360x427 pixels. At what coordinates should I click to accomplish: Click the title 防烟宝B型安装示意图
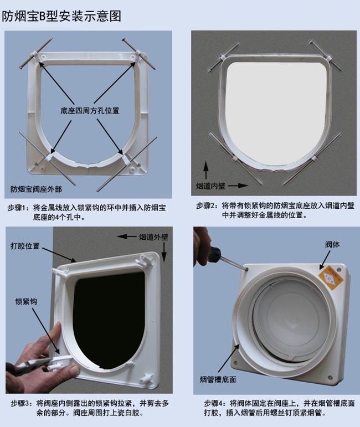pyautogui.click(x=61, y=17)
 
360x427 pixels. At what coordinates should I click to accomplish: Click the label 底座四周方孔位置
pyautogui.click(x=90, y=111)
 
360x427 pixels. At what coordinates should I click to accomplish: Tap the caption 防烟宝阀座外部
pyautogui.click(x=36, y=189)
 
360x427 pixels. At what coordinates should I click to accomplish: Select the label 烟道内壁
pyautogui.click(x=210, y=186)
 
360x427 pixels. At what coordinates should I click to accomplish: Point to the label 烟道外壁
pyautogui.click(x=153, y=237)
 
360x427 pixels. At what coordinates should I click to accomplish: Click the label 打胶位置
pyautogui.click(x=25, y=246)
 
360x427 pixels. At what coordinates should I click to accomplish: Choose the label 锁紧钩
pyautogui.click(x=26, y=301)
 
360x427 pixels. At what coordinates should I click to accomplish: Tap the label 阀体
pyautogui.click(x=332, y=244)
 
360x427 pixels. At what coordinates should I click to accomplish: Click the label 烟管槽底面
pyautogui.click(x=218, y=379)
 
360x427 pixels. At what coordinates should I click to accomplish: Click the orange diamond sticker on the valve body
pyautogui.click(x=330, y=279)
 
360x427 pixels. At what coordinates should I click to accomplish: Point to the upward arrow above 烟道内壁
pyautogui.click(x=206, y=170)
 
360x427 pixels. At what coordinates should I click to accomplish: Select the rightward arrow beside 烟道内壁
pyautogui.click(x=238, y=186)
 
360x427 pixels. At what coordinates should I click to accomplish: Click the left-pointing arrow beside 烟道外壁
pyautogui.click(x=127, y=236)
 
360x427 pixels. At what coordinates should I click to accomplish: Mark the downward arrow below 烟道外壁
pyautogui.click(x=164, y=252)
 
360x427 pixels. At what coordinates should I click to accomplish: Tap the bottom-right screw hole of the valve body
pyautogui.click(x=330, y=378)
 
